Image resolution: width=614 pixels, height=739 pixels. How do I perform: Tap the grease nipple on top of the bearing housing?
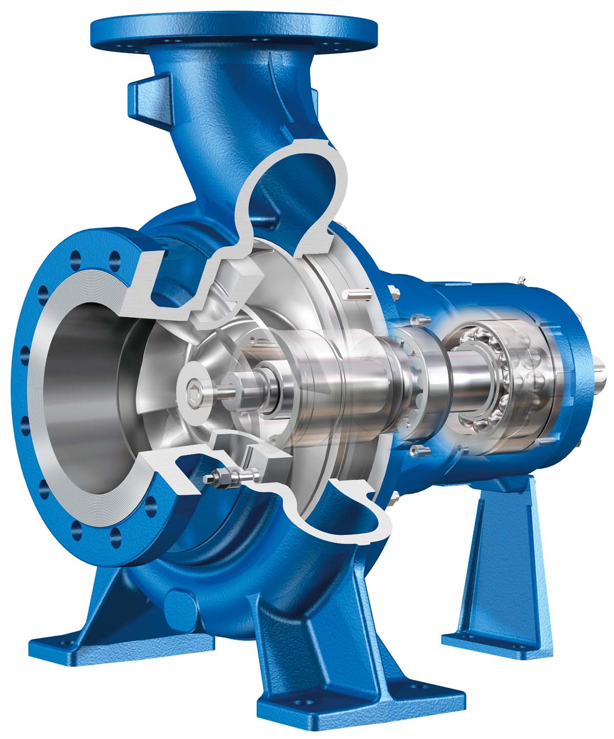pyautogui.click(x=521, y=279)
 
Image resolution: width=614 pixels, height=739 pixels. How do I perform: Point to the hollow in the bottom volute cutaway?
pyautogui.click(x=358, y=512)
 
